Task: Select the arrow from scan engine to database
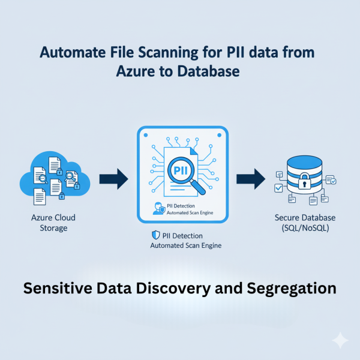[x=249, y=178]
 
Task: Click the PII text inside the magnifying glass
[x=180, y=170]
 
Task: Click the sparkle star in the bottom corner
[x=340, y=340]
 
